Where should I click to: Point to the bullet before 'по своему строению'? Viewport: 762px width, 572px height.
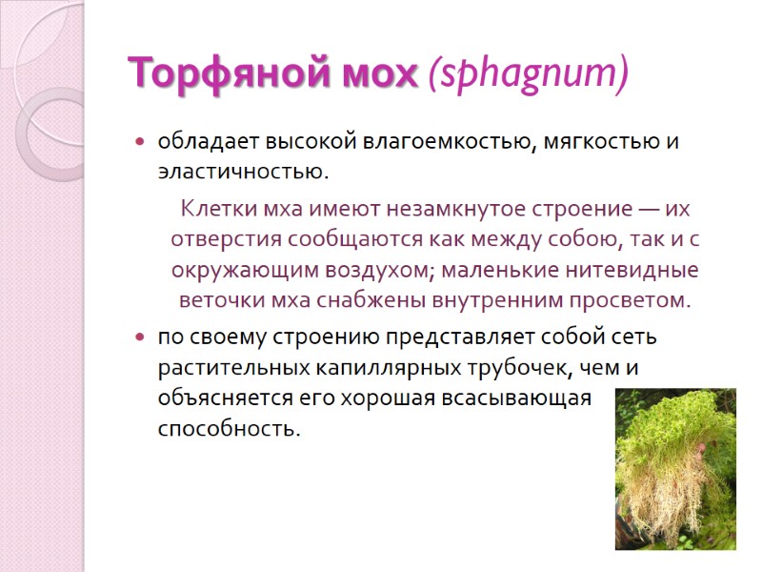140,338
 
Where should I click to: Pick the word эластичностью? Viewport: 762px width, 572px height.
242,174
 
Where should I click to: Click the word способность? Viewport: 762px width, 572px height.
228,429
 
